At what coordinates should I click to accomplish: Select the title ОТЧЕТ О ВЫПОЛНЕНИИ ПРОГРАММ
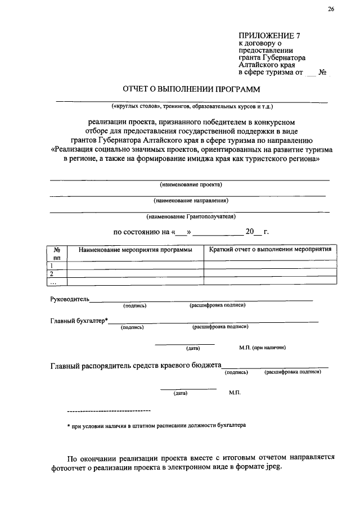coord(192,89)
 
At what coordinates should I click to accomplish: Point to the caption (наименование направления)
coord(191,200)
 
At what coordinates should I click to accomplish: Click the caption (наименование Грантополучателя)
coord(191,216)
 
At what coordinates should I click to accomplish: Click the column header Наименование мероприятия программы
coord(136,249)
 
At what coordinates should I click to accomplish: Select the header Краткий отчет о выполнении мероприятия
coord(269,249)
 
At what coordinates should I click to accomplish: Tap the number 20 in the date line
coord(250,231)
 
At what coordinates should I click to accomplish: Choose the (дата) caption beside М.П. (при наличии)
coord(185,348)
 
